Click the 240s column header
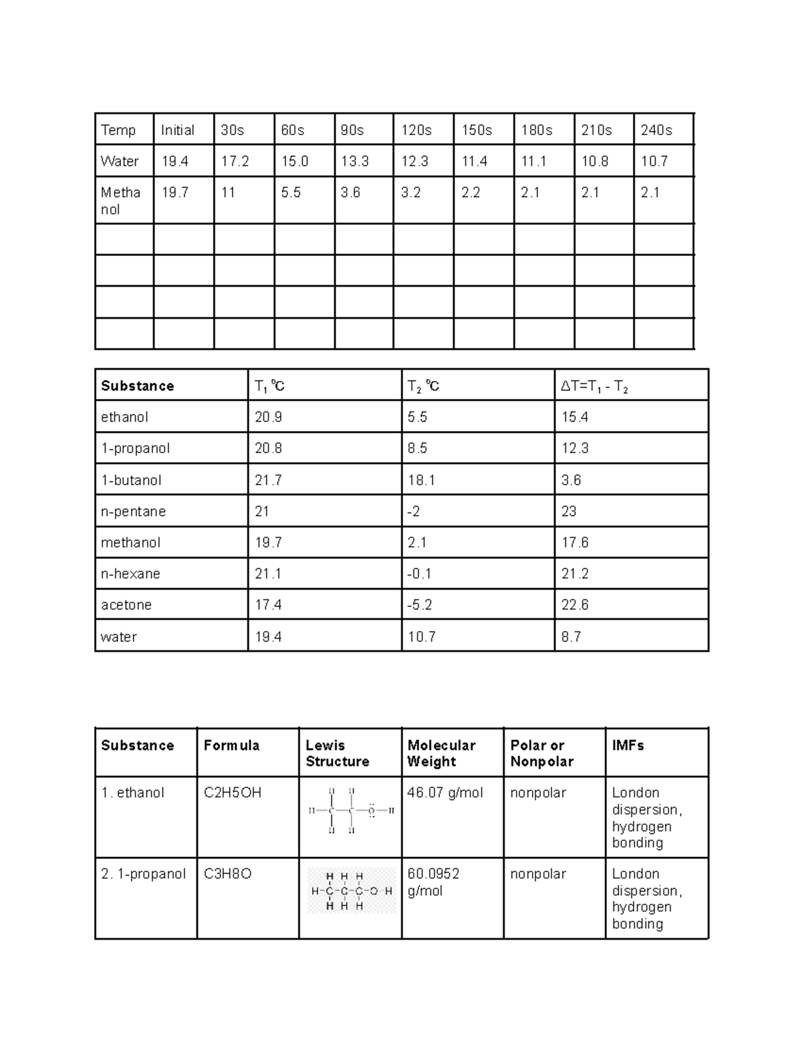tap(656, 130)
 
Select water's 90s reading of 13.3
tap(354, 161)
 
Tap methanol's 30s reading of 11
tap(229, 192)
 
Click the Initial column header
tap(178, 130)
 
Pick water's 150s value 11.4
tap(475, 161)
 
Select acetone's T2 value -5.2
tap(420, 605)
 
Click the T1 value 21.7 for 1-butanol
tap(268, 480)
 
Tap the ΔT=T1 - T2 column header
tap(594, 386)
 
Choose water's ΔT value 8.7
tap(571, 637)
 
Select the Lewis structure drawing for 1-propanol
tap(352, 891)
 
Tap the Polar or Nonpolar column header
tap(542, 753)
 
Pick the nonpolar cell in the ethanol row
tap(538, 793)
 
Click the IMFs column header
tap(628, 745)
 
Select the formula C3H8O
tap(227, 874)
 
